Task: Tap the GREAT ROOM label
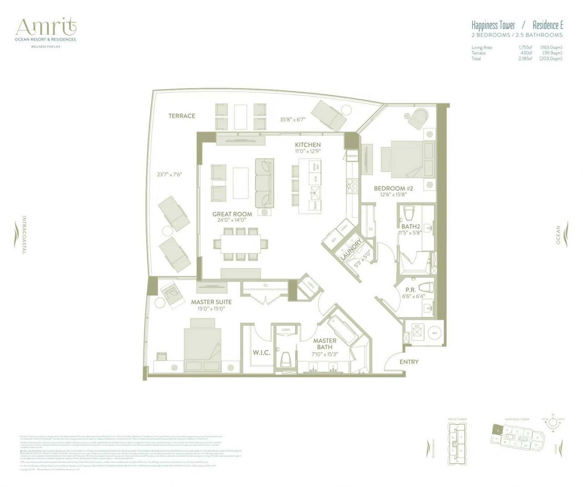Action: [x=232, y=214]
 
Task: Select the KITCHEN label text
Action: [x=307, y=145]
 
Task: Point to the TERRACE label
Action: [x=182, y=116]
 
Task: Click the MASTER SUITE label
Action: [x=211, y=302]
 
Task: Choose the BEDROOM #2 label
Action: [x=389, y=188]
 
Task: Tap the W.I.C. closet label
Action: [x=261, y=353]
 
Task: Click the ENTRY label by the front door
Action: [x=409, y=362]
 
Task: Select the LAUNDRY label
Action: [x=351, y=250]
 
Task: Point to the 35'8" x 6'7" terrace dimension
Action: [x=292, y=120]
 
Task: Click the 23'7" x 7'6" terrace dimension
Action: [x=169, y=174]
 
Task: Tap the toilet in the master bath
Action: [x=286, y=358]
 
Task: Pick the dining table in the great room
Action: [x=241, y=243]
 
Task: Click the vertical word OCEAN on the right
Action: [x=558, y=235]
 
